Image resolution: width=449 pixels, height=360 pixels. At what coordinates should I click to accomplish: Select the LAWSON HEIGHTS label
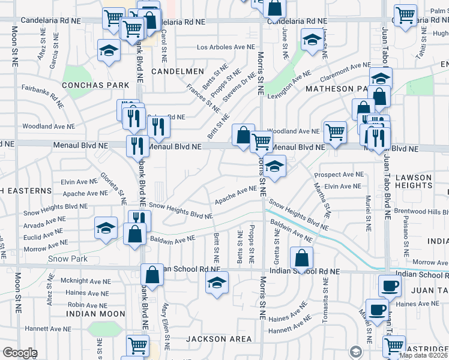(426, 182)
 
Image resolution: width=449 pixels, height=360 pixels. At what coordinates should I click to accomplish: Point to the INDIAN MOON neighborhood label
(95, 314)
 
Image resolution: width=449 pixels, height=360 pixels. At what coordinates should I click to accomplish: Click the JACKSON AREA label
(218, 339)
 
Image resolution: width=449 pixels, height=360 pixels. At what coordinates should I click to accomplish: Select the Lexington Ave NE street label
(289, 85)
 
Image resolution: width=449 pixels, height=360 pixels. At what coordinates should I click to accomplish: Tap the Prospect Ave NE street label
(339, 175)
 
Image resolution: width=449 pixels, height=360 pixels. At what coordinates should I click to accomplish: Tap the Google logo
(20, 353)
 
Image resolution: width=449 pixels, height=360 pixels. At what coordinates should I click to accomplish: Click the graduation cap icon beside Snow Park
(106, 229)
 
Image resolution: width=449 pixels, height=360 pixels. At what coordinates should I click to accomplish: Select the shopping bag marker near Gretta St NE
(301, 258)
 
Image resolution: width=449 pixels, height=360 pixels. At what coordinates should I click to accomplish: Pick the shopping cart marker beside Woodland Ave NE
(334, 132)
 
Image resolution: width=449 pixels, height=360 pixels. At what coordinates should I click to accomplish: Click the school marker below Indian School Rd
(217, 284)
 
